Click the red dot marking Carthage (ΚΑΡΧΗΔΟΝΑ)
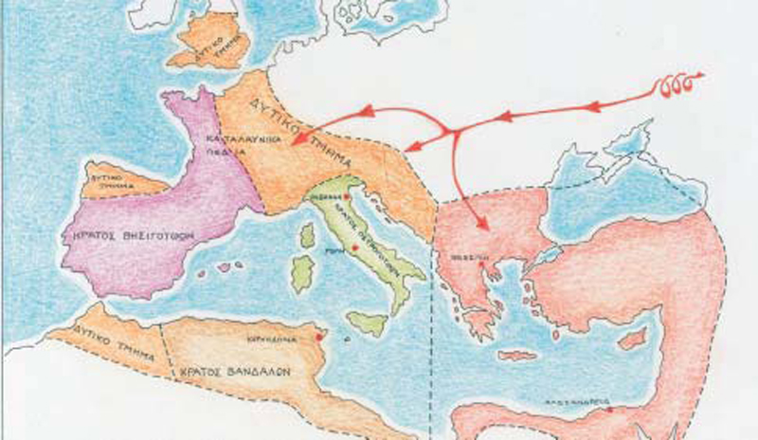(x=320, y=337)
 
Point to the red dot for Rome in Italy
(x=353, y=247)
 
